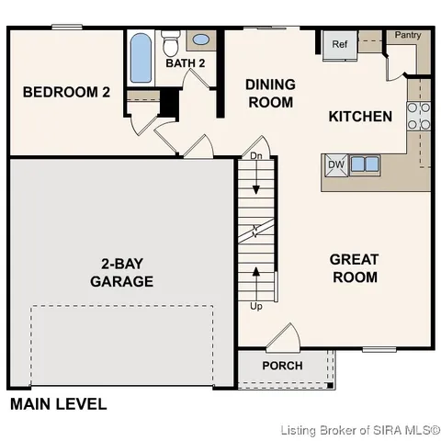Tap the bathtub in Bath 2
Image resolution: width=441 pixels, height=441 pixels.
click(x=141, y=59)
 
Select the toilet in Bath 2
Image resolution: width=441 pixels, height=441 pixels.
click(x=170, y=42)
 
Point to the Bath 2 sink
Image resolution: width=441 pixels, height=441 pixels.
click(x=200, y=41)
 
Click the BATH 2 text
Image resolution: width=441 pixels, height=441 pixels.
click(x=185, y=63)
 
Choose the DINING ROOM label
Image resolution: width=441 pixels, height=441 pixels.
click(x=270, y=93)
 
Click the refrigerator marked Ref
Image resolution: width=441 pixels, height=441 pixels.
click(x=338, y=44)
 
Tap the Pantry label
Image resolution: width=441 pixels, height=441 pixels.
click(x=408, y=35)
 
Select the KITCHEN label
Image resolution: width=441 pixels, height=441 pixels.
click(x=360, y=117)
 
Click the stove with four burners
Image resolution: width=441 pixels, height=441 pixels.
click(x=418, y=115)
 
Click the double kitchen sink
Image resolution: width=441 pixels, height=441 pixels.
click(x=363, y=164)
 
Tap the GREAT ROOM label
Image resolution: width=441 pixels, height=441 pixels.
click(x=354, y=268)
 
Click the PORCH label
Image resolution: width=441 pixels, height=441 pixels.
click(x=282, y=366)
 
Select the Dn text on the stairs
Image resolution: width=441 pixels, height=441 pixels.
click(x=255, y=157)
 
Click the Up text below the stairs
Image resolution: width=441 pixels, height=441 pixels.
click(x=255, y=306)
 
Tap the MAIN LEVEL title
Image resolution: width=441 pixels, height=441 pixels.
click(x=58, y=403)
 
